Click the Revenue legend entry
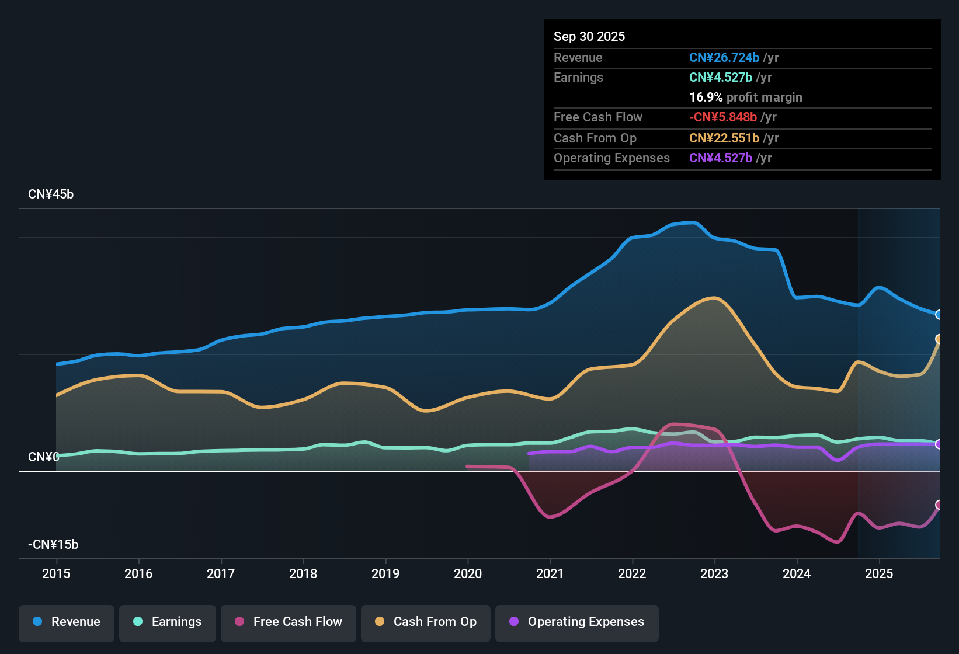[x=67, y=622]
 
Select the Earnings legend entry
[x=168, y=622]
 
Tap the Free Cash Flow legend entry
[x=289, y=622]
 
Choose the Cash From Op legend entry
[x=426, y=622]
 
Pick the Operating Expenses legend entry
[x=577, y=622]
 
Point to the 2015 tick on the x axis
[x=56, y=573]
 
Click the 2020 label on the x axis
[x=468, y=573]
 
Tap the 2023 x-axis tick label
[x=714, y=573]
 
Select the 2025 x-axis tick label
[x=879, y=573]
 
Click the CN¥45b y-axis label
[x=51, y=194]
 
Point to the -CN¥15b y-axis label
[x=53, y=545]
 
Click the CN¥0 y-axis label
[x=43, y=457]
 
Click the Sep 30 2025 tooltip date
[x=589, y=37]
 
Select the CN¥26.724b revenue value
[x=724, y=58]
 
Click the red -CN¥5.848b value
[x=723, y=117]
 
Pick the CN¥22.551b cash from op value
[x=724, y=138]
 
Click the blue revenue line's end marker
[x=939, y=315]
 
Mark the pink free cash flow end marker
[x=939, y=505]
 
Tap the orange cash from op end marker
[x=939, y=339]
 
